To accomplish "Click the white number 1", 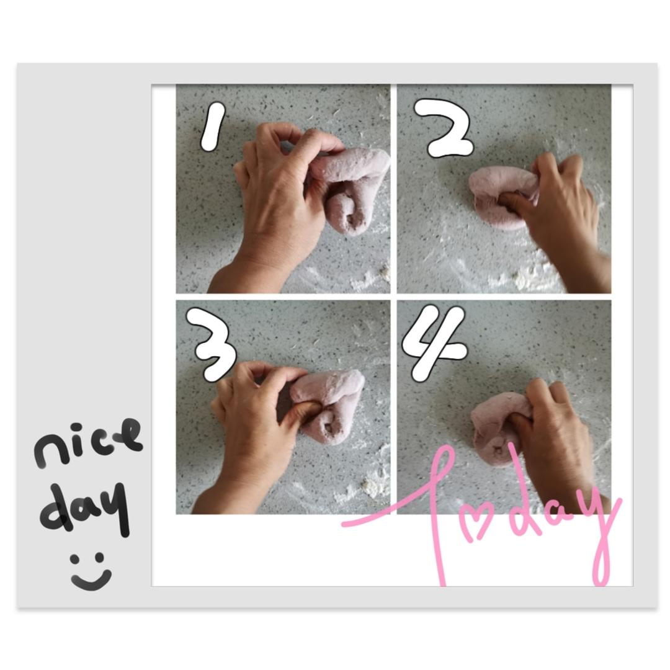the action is click(x=212, y=127).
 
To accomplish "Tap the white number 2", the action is click(x=444, y=128).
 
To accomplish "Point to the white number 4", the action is click(x=432, y=342).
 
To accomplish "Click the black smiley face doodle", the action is click(x=91, y=571).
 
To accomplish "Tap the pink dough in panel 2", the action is click(x=500, y=197).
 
